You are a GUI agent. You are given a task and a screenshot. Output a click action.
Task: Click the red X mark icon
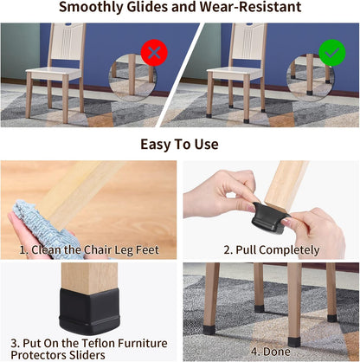(x=155, y=54)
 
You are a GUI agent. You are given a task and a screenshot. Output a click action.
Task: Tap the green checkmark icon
(x=331, y=54)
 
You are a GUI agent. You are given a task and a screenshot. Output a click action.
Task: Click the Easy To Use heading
(x=179, y=143)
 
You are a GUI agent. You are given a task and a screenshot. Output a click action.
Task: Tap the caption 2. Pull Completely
(x=271, y=249)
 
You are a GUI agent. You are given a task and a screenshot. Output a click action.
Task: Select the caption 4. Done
(x=271, y=352)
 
